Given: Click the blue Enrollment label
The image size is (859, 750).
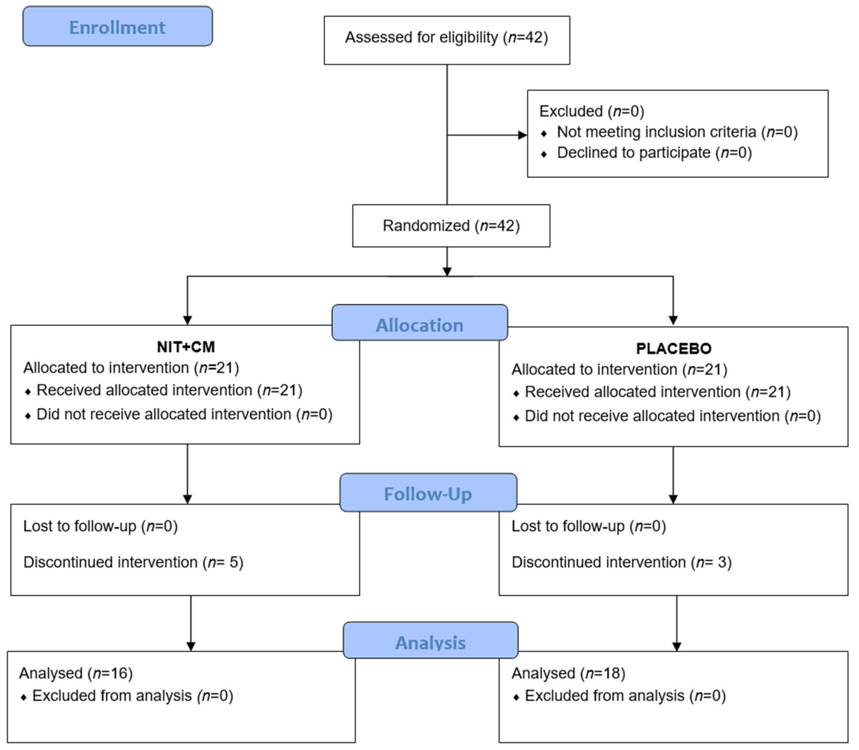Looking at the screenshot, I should click(117, 27).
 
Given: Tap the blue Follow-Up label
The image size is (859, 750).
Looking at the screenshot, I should click(428, 493).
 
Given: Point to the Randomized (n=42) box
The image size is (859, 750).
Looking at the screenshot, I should click(451, 226).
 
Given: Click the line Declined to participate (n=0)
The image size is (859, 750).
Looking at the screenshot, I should click(654, 153).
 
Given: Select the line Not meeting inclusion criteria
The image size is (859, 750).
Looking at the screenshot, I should click(677, 132).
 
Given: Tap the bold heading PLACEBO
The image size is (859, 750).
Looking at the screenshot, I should click(674, 349).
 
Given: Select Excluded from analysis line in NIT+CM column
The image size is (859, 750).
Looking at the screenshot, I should click(132, 696).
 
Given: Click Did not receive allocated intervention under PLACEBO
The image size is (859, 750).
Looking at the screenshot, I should click(672, 416).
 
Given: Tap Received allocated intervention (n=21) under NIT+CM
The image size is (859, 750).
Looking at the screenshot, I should click(169, 390).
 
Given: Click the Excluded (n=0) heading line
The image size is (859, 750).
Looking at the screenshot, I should click(591, 111).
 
